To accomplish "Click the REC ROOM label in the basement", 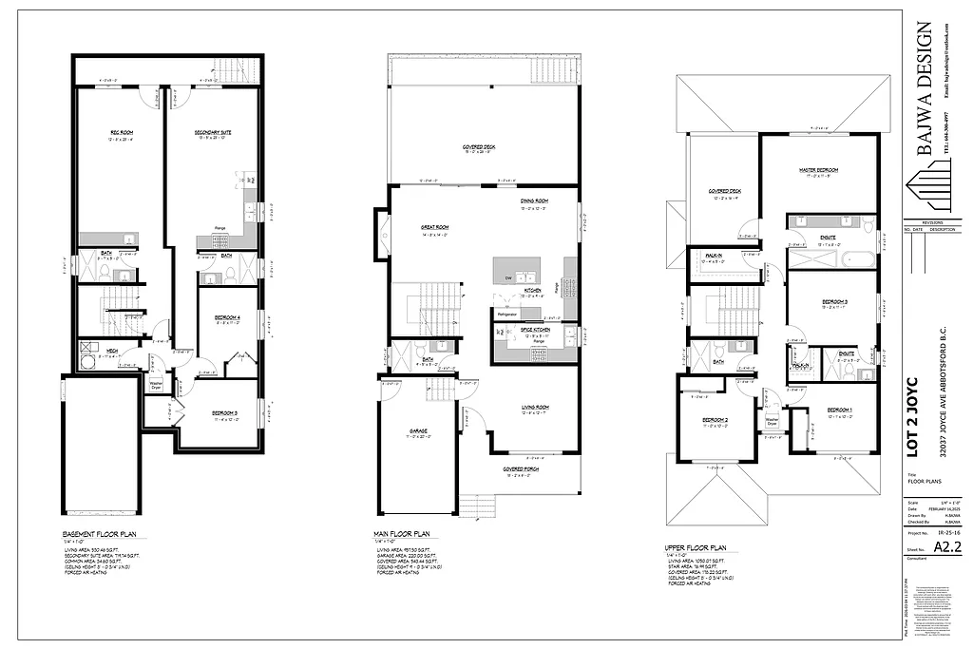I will tap(121, 133).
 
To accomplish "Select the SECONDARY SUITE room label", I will tap(215, 133).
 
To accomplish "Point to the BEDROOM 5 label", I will tap(224, 412).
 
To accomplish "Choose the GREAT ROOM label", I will tap(435, 227).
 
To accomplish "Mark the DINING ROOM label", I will tap(534, 201).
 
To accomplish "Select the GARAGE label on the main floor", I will tap(418, 430).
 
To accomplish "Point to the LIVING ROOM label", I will tap(535, 407).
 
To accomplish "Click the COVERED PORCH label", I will tap(522, 468).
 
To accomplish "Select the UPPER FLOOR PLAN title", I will tap(696, 548).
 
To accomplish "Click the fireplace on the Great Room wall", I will tap(382, 234).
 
